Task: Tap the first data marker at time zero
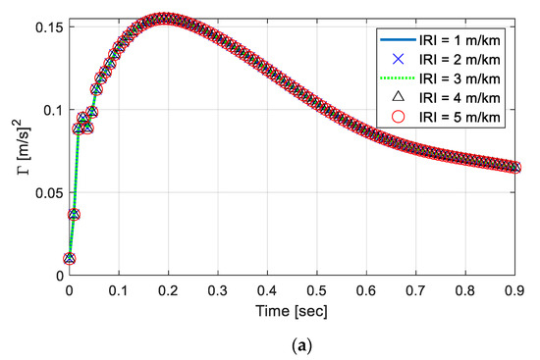(69, 259)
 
